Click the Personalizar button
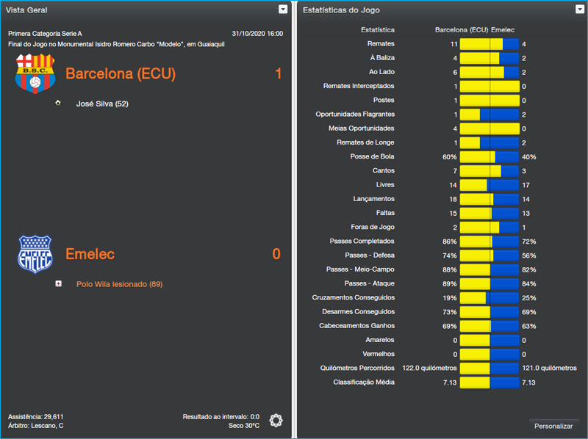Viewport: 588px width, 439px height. [x=553, y=426]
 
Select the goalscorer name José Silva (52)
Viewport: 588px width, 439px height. [x=102, y=104]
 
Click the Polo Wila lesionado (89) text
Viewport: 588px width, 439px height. [x=119, y=284]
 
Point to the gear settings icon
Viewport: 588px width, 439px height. [x=276, y=421]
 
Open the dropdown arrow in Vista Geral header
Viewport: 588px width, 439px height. [x=283, y=10]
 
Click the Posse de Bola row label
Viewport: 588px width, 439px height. [x=372, y=157]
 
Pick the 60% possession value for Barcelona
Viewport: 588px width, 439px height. [x=449, y=157]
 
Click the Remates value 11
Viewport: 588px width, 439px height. [x=454, y=44]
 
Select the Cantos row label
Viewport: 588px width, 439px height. [x=383, y=171]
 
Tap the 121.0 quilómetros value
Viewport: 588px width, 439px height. [x=549, y=368]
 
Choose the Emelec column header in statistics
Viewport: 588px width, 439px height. [x=503, y=30]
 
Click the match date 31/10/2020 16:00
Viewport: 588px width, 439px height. [x=257, y=34]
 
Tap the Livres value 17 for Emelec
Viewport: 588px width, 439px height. [x=526, y=185]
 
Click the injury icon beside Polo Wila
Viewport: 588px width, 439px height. [x=58, y=283]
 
